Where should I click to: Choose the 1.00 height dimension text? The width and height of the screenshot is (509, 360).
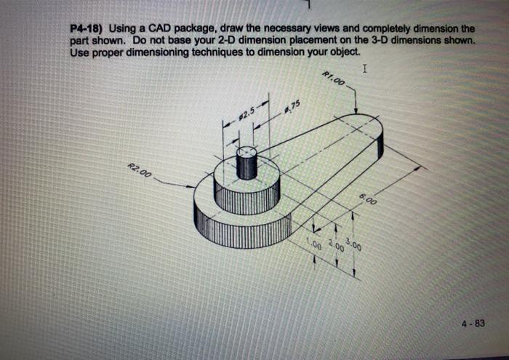click(313, 244)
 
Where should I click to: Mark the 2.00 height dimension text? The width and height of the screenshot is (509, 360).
click(335, 244)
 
